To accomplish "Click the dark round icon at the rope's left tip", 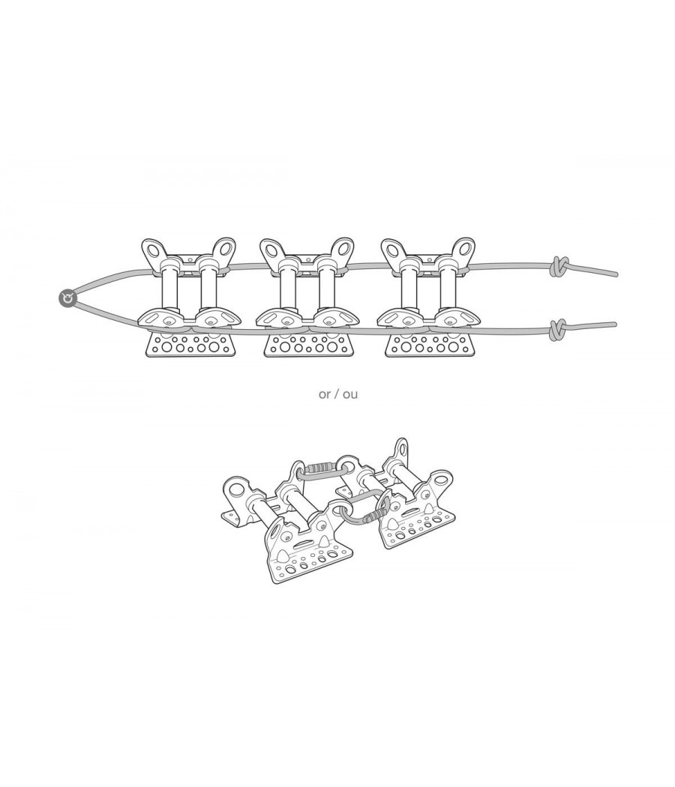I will point(67,298).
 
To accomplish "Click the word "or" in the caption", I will point(325,394).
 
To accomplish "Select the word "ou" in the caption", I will point(350,394).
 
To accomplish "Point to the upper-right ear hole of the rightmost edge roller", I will point(462,250).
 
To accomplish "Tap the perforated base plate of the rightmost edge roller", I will point(429,346).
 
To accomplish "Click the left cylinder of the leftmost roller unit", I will point(169,289).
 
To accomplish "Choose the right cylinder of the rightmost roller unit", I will point(448,289).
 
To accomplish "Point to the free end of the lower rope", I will point(613,325).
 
